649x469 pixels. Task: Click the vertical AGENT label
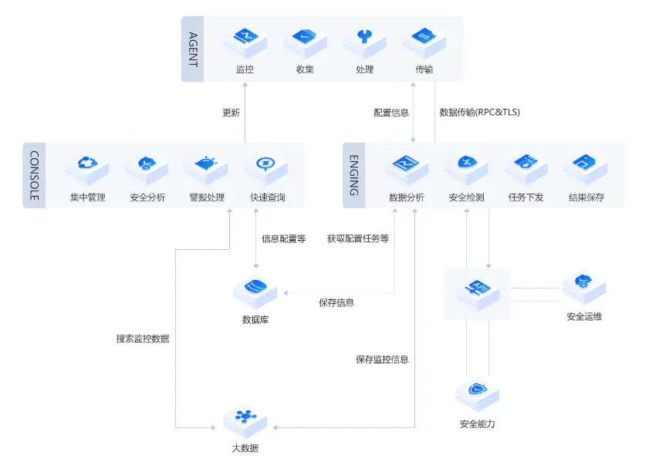(x=193, y=49)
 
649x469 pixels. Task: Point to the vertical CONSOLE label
(x=34, y=176)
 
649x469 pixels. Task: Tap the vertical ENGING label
(x=353, y=176)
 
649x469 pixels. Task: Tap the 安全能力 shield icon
(x=477, y=395)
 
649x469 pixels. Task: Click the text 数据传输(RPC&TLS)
(x=479, y=113)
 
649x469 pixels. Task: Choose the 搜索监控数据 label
(x=143, y=339)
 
